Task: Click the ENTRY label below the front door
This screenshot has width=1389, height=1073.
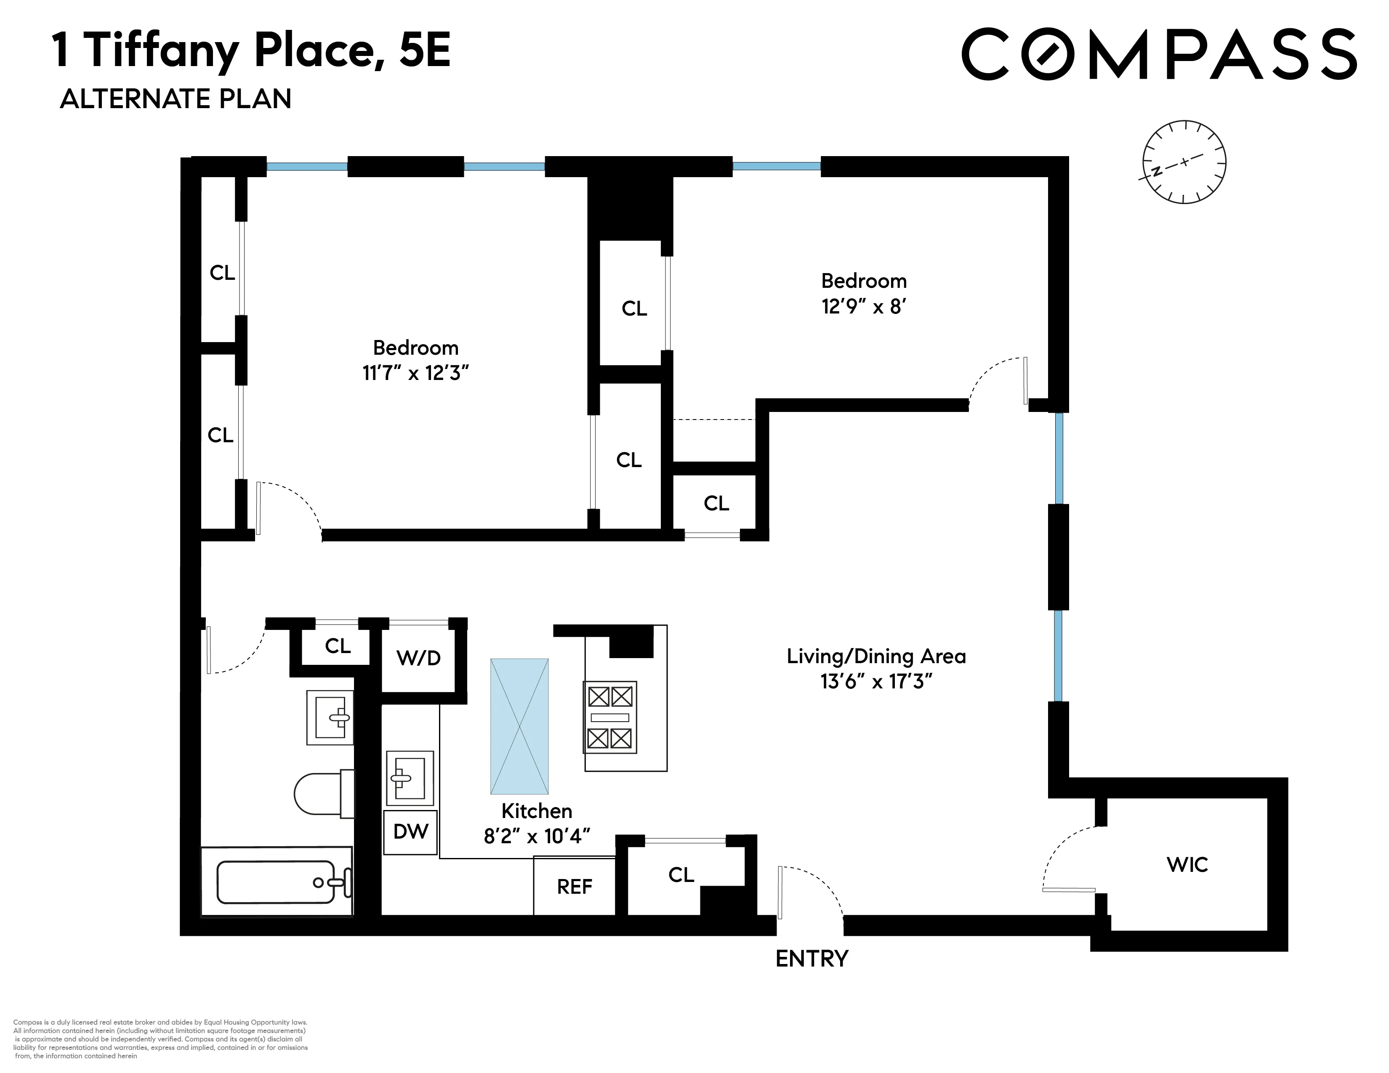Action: click(812, 958)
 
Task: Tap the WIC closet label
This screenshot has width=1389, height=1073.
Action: click(1187, 865)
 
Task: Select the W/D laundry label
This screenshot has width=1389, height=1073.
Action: click(418, 658)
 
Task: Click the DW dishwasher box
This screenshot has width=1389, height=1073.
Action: click(411, 831)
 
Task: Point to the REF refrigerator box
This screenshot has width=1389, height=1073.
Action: click(574, 886)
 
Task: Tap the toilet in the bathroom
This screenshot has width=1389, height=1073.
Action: click(321, 793)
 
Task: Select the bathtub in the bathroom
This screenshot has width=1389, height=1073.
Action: click(277, 882)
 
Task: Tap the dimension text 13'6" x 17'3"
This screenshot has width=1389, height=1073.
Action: click(876, 682)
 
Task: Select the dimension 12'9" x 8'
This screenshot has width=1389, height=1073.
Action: click(863, 307)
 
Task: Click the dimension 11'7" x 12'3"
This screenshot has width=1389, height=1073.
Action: click(415, 373)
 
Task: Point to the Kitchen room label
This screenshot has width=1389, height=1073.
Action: click(537, 811)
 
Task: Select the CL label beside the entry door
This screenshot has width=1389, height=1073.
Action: click(681, 875)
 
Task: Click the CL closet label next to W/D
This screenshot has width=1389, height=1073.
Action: click(337, 646)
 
